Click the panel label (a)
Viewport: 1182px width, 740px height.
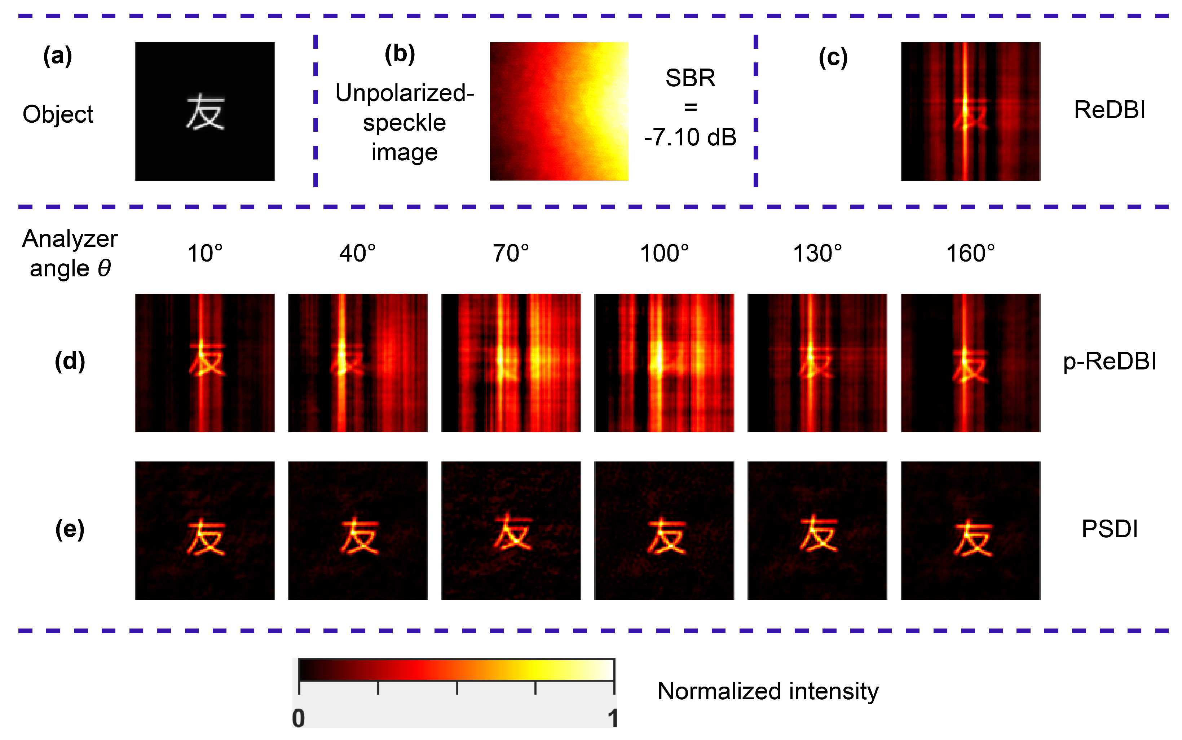point(58,56)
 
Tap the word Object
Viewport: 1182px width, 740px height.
point(58,114)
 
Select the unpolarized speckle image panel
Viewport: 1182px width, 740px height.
point(559,111)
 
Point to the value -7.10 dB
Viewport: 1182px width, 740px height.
point(690,137)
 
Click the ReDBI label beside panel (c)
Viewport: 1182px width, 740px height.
point(1109,110)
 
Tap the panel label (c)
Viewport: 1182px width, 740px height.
point(833,58)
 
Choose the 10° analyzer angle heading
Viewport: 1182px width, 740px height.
point(205,254)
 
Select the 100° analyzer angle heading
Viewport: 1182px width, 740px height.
point(664,254)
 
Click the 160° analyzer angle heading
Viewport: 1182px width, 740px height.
point(970,254)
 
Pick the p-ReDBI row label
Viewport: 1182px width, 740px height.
point(1109,362)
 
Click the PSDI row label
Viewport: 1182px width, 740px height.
point(1109,529)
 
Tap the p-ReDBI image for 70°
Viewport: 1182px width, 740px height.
point(511,363)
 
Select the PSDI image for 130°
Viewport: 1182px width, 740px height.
point(817,530)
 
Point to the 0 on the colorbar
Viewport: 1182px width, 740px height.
point(298,718)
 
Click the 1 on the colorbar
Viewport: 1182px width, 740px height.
point(613,718)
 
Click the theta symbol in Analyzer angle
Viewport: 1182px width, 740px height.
point(104,268)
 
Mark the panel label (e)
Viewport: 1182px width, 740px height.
point(70,530)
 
